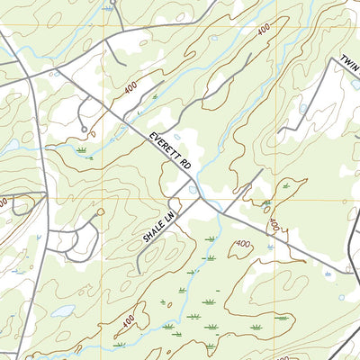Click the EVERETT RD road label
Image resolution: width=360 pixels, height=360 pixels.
click(x=171, y=150)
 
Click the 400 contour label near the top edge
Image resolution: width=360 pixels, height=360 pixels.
click(x=263, y=31)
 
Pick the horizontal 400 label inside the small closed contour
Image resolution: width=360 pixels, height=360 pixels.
click(x=242, y=244)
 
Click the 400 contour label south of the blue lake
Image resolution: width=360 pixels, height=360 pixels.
click(x=129, y=319)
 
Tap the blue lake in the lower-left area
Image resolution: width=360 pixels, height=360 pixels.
click(x=62, y=310)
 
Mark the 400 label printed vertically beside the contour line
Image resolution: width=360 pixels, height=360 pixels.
click(x=273, y=220)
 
